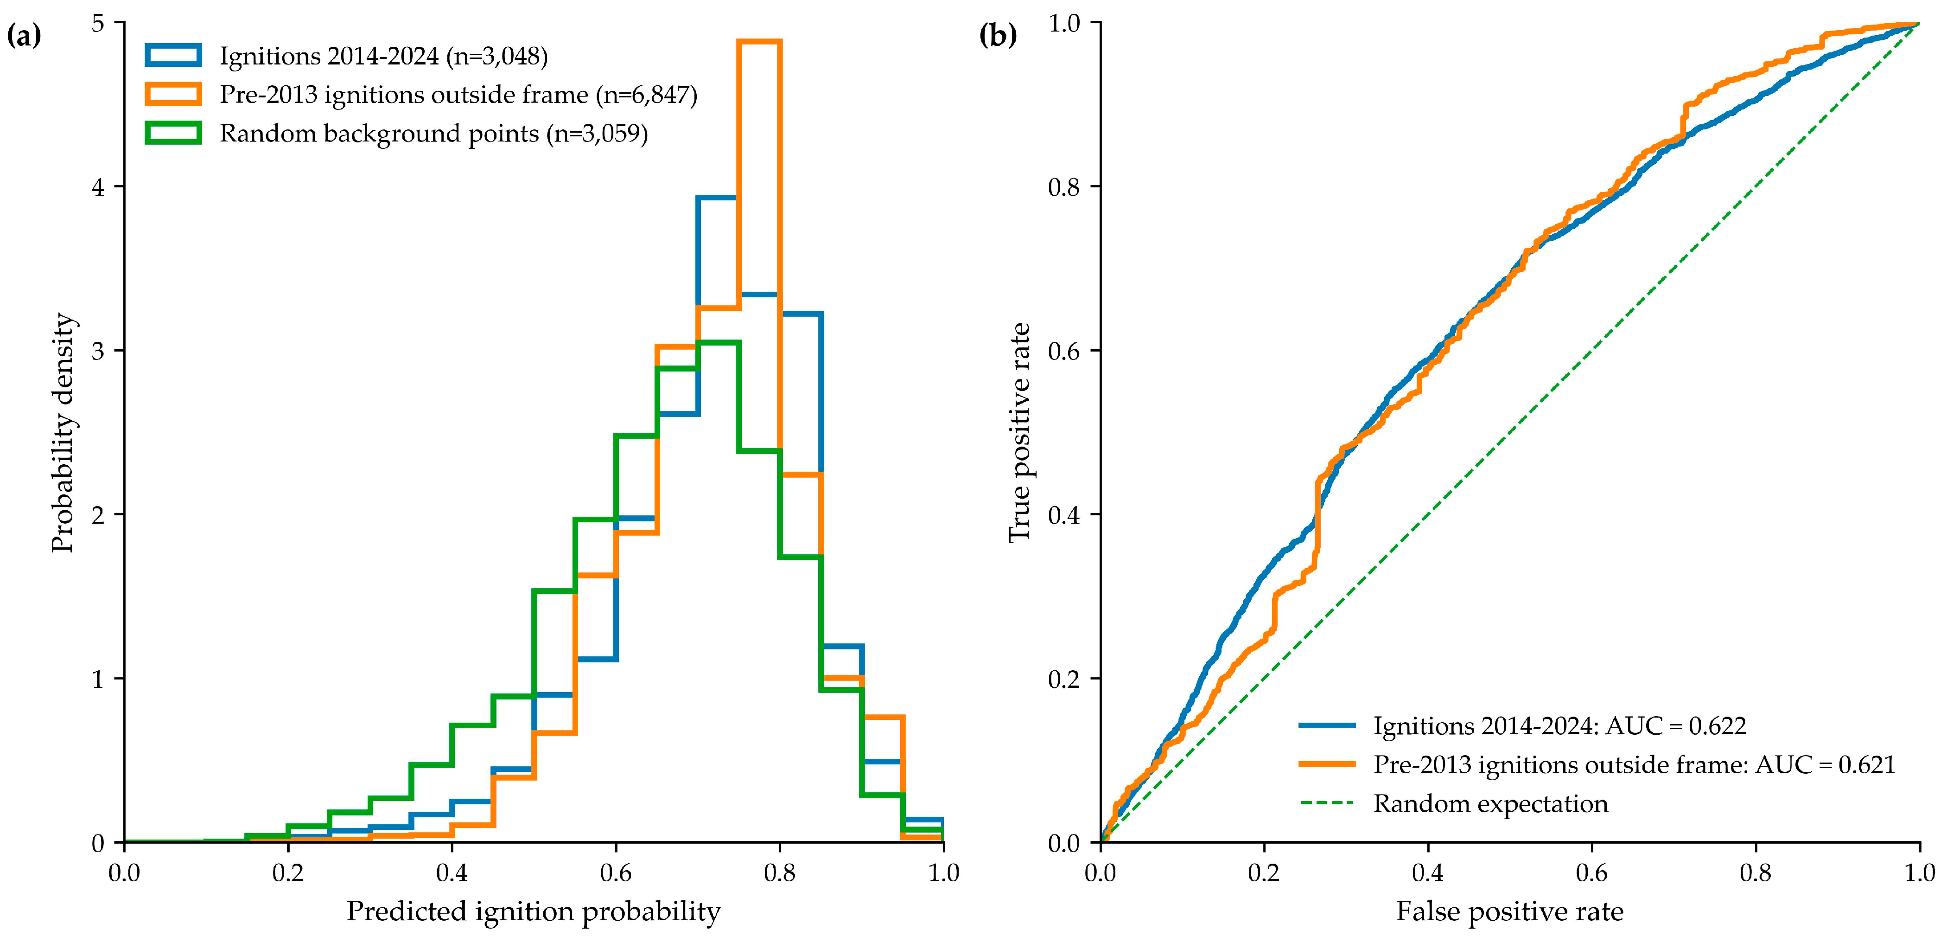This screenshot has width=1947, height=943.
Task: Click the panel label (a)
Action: [x=24, y=36]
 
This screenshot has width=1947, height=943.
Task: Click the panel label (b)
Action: [x=998, y=36]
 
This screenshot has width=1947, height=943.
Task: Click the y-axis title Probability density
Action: [x=64, y=433]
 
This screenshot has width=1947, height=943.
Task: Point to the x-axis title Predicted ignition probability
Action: [x=534, y=912]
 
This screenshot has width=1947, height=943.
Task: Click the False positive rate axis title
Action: [x=1509, y=912]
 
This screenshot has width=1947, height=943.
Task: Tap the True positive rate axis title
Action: [x=1019, y=433]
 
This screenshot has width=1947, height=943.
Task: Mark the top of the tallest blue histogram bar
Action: [x=717, y=198]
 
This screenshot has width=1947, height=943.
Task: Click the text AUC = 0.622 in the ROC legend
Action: [x=1676, y=726]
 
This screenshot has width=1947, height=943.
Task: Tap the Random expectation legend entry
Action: [x=1490, y=804]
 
